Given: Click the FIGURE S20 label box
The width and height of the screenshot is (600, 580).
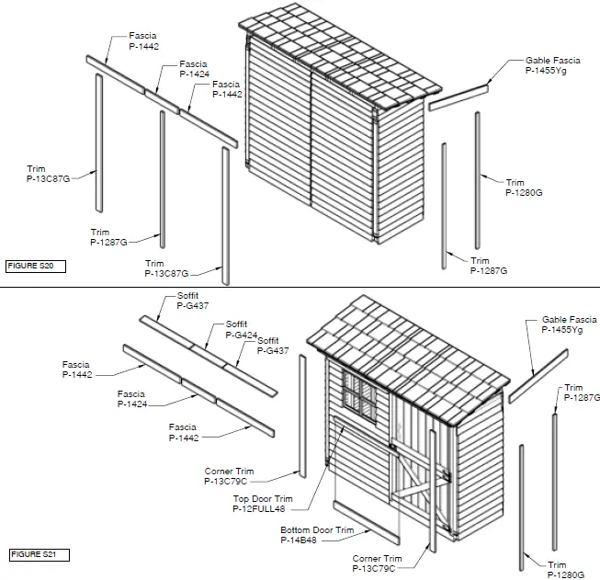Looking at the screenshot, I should [x=35, y=266].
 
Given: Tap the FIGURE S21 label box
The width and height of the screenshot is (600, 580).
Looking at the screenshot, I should [x=35, y=554].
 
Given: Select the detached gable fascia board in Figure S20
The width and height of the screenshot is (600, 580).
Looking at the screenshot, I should [x=459, y=95].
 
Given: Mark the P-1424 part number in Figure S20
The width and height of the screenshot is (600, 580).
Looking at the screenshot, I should [x=195, y=74].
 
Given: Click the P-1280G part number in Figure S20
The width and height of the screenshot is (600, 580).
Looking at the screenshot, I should [x=524, y=193].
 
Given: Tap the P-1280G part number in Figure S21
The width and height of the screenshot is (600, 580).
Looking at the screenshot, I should [x=566, y=574].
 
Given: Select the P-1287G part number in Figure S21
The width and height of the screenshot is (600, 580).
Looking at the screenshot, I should [x=581, y=398].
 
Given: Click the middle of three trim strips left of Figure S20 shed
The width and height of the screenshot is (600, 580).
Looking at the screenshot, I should [x=163, y=178].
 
